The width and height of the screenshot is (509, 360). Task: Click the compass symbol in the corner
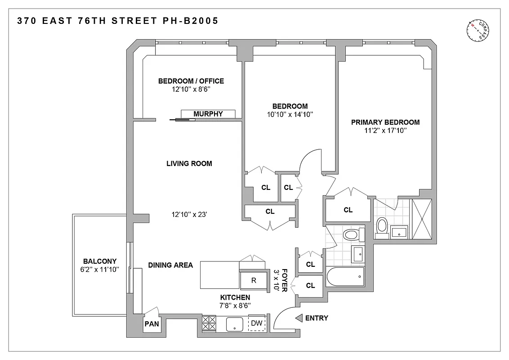click(x=479, y=31)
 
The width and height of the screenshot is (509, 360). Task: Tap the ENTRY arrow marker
click(x=299, y=318)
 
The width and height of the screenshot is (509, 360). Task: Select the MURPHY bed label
click(x=208, y=114)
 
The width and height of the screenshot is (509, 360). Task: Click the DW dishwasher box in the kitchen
click(x=257, y=323)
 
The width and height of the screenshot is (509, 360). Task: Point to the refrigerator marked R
click(x=254, y=280)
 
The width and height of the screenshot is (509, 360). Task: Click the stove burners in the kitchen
click(x=209, y=324)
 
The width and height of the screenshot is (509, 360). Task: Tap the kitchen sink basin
click(x=234, y=324)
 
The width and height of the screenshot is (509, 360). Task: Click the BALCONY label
click(x=100, y=261)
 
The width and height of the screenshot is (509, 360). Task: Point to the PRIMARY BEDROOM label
click(x=385, y=122)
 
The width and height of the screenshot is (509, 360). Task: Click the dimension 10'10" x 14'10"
click(x=290, y=114)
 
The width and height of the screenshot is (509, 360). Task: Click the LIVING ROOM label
click(x=189, y=163)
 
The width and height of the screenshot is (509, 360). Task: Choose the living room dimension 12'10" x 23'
click(x=188, y=214)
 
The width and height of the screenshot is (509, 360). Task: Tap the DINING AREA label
click(x=170, y=265)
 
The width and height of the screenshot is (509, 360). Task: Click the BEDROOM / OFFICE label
click(x=191, y=81)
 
